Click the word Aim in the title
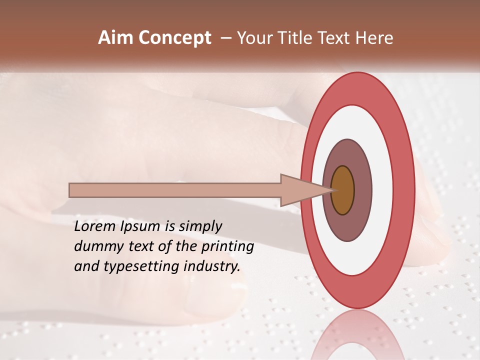click(116, 38)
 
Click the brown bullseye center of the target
click(342, 190)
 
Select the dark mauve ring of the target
click(362, 190)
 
